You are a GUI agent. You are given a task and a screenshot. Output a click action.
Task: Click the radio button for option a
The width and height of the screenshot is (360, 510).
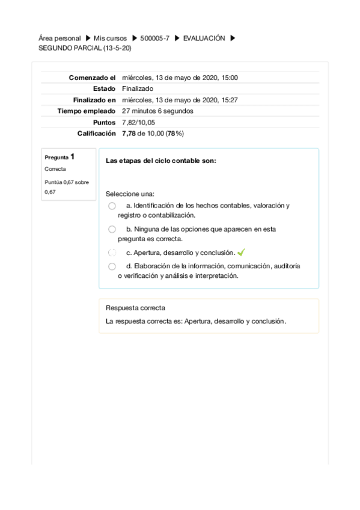[112, 206]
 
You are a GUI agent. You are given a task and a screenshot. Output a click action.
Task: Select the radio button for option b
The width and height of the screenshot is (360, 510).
[112, 229]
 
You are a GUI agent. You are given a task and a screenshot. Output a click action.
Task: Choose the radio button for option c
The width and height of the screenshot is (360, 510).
[112, 253]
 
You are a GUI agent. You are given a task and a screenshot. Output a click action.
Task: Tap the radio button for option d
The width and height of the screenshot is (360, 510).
[112, 266]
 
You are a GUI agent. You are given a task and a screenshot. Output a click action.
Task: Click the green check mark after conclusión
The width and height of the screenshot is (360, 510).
[241, 253]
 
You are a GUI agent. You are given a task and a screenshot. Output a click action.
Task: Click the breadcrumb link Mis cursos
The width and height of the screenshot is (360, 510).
[110, 38]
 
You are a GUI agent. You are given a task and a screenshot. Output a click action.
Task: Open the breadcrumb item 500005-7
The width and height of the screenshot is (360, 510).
[154, 38]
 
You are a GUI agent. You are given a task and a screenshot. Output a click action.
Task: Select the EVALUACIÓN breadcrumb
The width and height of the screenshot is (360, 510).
[204, 38]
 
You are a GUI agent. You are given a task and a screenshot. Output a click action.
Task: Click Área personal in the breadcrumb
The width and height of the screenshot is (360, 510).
[59, 38]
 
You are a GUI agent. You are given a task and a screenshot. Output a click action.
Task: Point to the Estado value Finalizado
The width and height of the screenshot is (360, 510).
[137, 88]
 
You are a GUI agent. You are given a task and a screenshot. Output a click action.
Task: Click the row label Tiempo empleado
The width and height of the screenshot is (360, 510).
[86, 111]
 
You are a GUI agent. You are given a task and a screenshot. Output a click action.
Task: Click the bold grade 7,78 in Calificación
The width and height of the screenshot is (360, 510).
[129, 134]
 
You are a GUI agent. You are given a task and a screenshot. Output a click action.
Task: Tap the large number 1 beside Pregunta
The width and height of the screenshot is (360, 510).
[72, 156]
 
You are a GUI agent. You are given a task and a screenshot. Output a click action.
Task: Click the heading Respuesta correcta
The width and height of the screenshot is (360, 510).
[135, 308]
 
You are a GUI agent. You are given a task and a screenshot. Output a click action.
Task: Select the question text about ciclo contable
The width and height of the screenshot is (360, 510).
[160, 161]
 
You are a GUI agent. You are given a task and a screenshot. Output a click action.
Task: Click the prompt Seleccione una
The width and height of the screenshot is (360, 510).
[130, 194]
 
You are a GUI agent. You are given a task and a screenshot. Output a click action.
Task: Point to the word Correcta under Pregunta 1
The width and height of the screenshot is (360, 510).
[55, 169]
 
